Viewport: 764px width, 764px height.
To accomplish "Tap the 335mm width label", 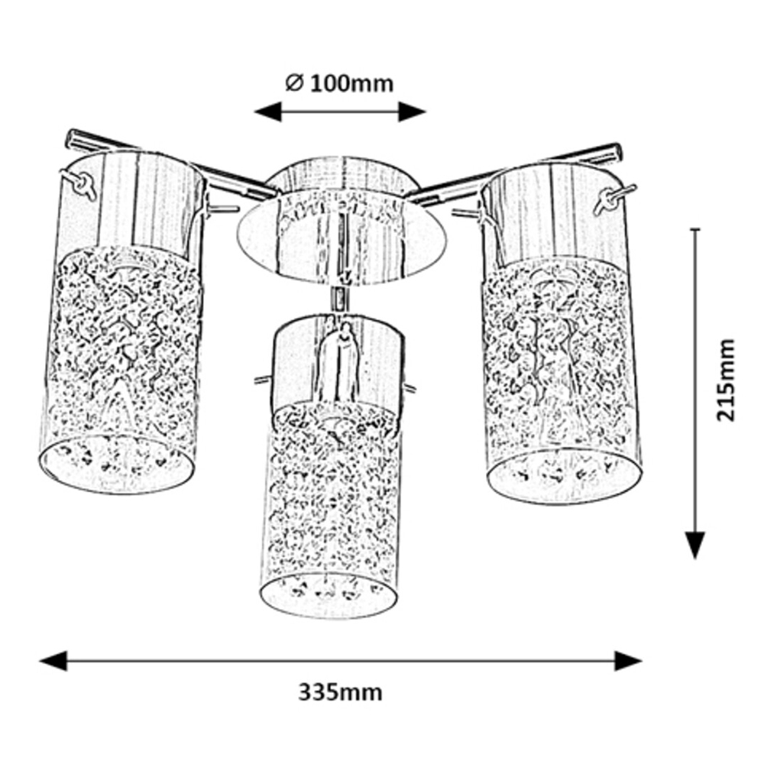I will coord(339,693).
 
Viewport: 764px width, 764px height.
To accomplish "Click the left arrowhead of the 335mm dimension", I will coord(52,661).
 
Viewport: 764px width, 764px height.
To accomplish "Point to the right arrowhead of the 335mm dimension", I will coord(628,661).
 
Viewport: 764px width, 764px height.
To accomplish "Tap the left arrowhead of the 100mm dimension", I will coord(267,112).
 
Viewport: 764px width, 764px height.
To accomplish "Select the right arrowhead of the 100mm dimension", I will coord(413,112).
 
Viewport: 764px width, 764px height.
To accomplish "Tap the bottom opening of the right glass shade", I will coord(564,477).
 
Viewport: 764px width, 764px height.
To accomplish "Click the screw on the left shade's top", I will coord(80,184).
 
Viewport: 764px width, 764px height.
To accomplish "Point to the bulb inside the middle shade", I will coord(340,367).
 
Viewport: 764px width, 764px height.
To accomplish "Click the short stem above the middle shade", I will coord(337,299).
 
